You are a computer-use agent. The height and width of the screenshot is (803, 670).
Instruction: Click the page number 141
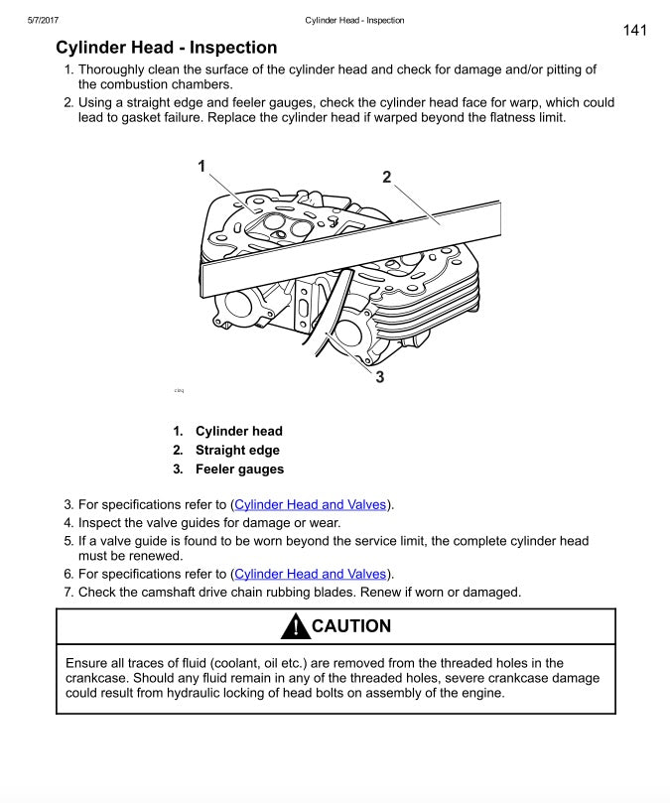point(635,30)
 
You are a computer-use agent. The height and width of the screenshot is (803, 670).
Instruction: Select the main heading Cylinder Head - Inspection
point(166,48)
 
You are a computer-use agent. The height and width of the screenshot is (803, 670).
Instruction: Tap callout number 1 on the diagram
point(201,166)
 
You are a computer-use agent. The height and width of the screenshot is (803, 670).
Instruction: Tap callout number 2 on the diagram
point(387,177)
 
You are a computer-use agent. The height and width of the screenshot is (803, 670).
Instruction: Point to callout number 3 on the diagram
point(380,376)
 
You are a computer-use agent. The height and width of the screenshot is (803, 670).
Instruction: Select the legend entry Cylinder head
point(238,431)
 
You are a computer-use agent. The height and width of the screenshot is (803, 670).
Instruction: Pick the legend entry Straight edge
point(237,450)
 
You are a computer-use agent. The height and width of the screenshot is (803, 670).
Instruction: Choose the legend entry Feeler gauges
point(239,468)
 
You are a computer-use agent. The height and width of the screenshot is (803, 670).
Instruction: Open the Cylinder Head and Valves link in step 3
point(310,504)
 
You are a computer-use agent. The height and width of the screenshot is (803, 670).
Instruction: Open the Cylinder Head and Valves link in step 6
point(310,574)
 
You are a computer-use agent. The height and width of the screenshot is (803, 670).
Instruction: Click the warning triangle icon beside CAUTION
point(295,627)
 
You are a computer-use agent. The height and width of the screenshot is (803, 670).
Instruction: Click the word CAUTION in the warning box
point(351,626)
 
